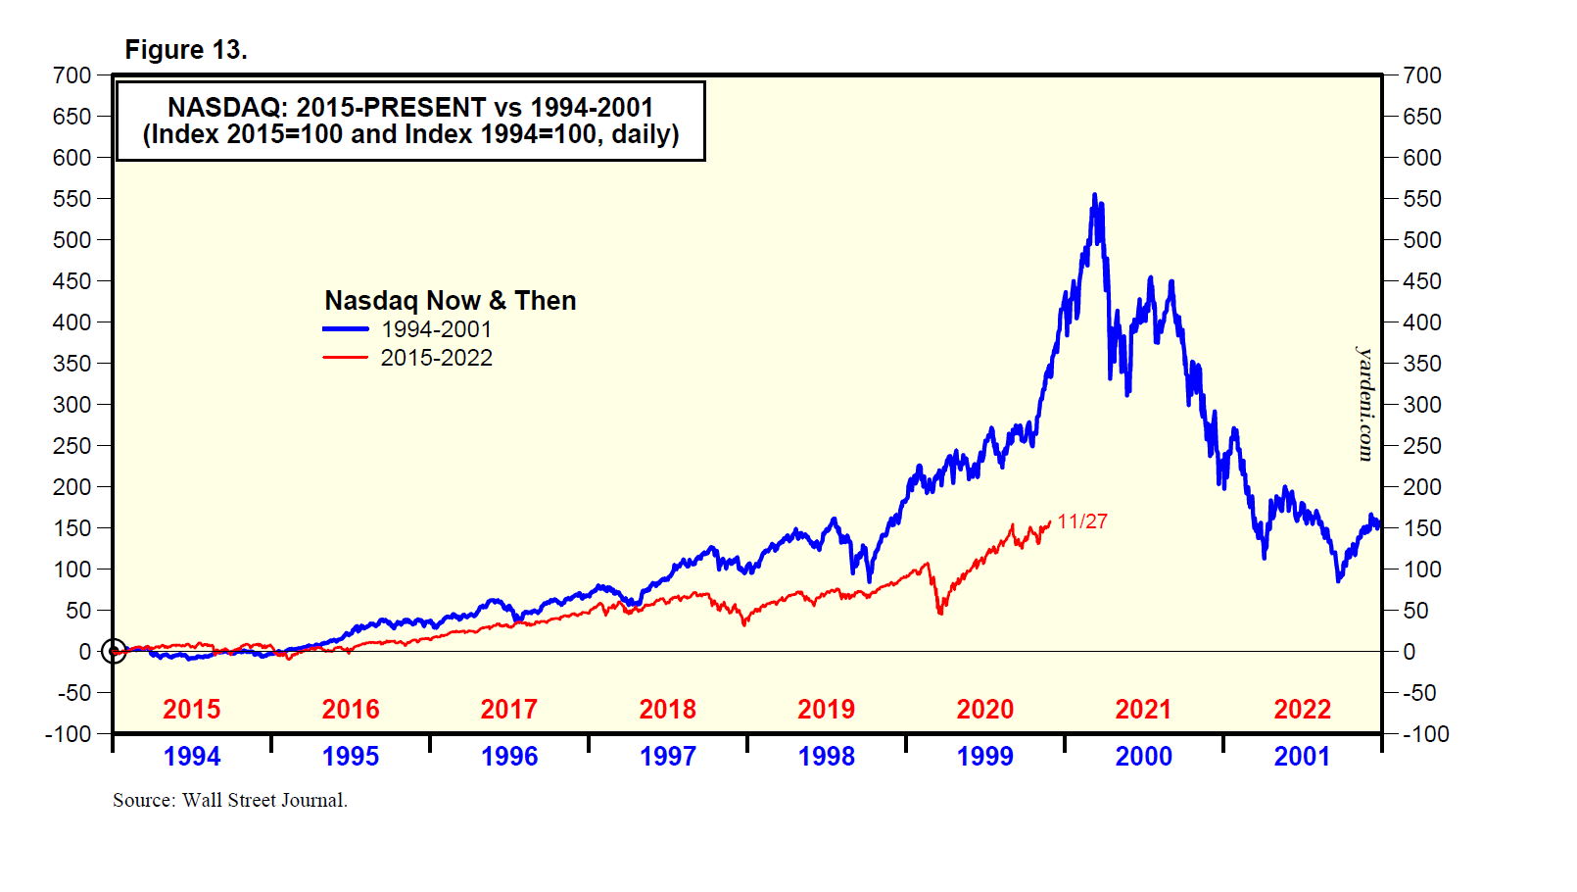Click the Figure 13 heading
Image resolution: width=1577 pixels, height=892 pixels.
tap(186, 50)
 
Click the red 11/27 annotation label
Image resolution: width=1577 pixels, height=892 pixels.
tap(1082, 521)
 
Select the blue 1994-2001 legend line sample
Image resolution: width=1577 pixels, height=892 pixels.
tap(346, 329)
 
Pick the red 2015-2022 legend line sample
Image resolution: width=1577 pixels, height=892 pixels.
tap(346, 358)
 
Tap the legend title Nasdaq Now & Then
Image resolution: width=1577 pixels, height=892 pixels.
tap(450, 300)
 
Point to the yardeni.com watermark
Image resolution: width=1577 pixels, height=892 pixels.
tap(1365, 403)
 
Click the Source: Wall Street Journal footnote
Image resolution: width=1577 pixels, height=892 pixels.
tap(230, 800)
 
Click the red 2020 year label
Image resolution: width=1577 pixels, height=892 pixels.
tap(984, 709)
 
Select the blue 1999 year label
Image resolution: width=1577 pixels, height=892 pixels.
tap(984, 756)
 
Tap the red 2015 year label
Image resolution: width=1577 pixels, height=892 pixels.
tap(191, 709)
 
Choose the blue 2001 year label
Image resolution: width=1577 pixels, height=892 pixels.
tap(1302, 756)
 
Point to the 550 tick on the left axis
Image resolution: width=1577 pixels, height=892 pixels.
tap(72, 199)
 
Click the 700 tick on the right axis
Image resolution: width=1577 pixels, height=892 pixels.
tap(1422, 75)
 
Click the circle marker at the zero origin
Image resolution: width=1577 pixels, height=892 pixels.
tap(114, 651)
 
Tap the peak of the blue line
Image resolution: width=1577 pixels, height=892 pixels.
tap(1094, 195)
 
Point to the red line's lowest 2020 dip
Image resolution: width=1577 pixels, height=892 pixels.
tap(940, 614)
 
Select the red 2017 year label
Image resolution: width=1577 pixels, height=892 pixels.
tap(508, 709)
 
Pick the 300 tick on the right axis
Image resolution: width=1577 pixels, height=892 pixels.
tap(1422, 405)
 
